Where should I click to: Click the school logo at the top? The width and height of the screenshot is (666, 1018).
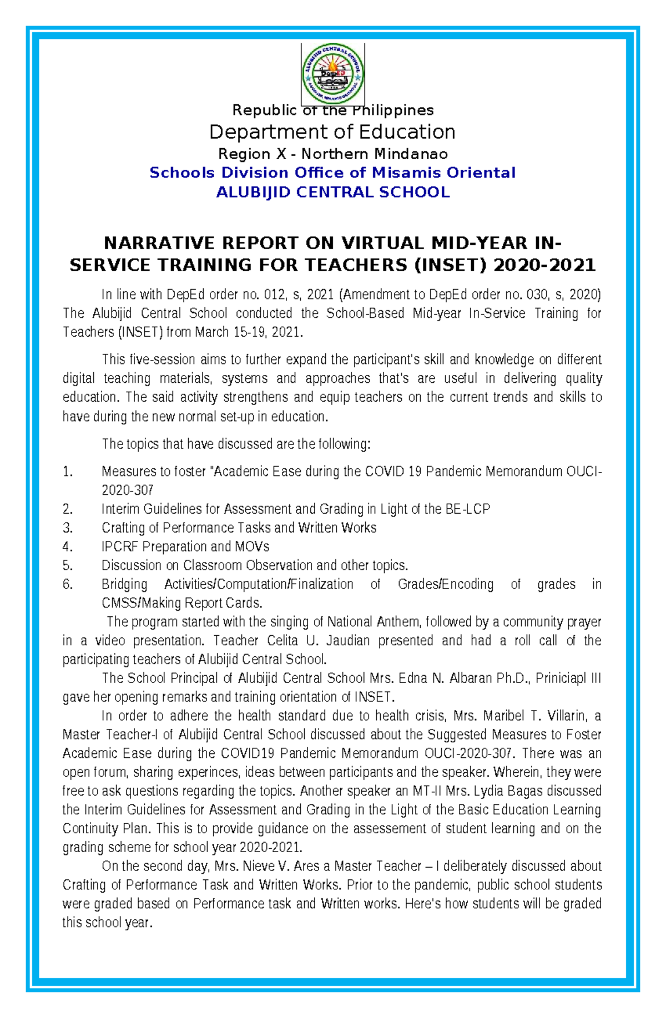coord(332,73)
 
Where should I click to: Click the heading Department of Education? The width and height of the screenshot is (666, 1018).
coord(332,132)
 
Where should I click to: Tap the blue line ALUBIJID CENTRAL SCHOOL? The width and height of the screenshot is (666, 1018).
coord(332,193)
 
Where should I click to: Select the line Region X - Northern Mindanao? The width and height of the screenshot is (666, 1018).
coord(332,154)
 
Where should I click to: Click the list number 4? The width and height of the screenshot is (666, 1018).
coord(67,547)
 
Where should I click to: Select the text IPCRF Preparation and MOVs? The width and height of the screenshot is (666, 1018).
coord(185,547)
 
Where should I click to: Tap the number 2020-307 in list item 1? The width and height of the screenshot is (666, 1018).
coord(127,490)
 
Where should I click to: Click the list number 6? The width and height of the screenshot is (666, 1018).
coord(67,584)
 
